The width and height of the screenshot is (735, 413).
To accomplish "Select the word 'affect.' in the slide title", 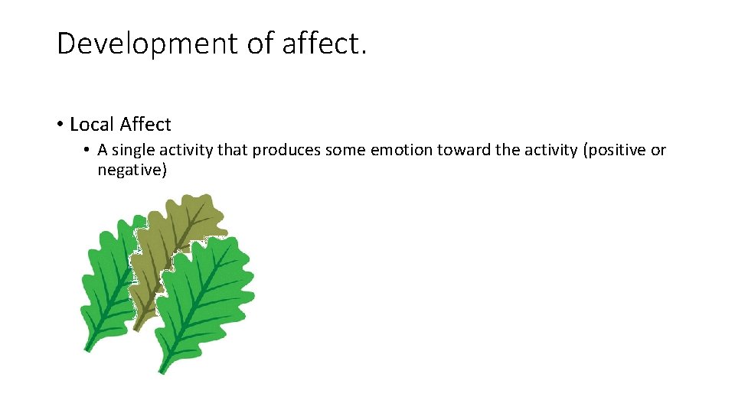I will pos(325,44).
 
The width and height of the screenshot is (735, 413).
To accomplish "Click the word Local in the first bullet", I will pos(93,124).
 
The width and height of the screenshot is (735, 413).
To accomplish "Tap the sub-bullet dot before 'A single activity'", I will pos(88,150).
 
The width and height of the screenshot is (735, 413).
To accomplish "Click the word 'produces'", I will pos(286,150).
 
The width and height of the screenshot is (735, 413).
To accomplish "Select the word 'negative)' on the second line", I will pos(132,170).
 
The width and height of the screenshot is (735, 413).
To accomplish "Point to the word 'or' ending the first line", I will pos(658,150).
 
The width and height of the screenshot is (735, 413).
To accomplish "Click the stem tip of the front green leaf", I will pos(162,370).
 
